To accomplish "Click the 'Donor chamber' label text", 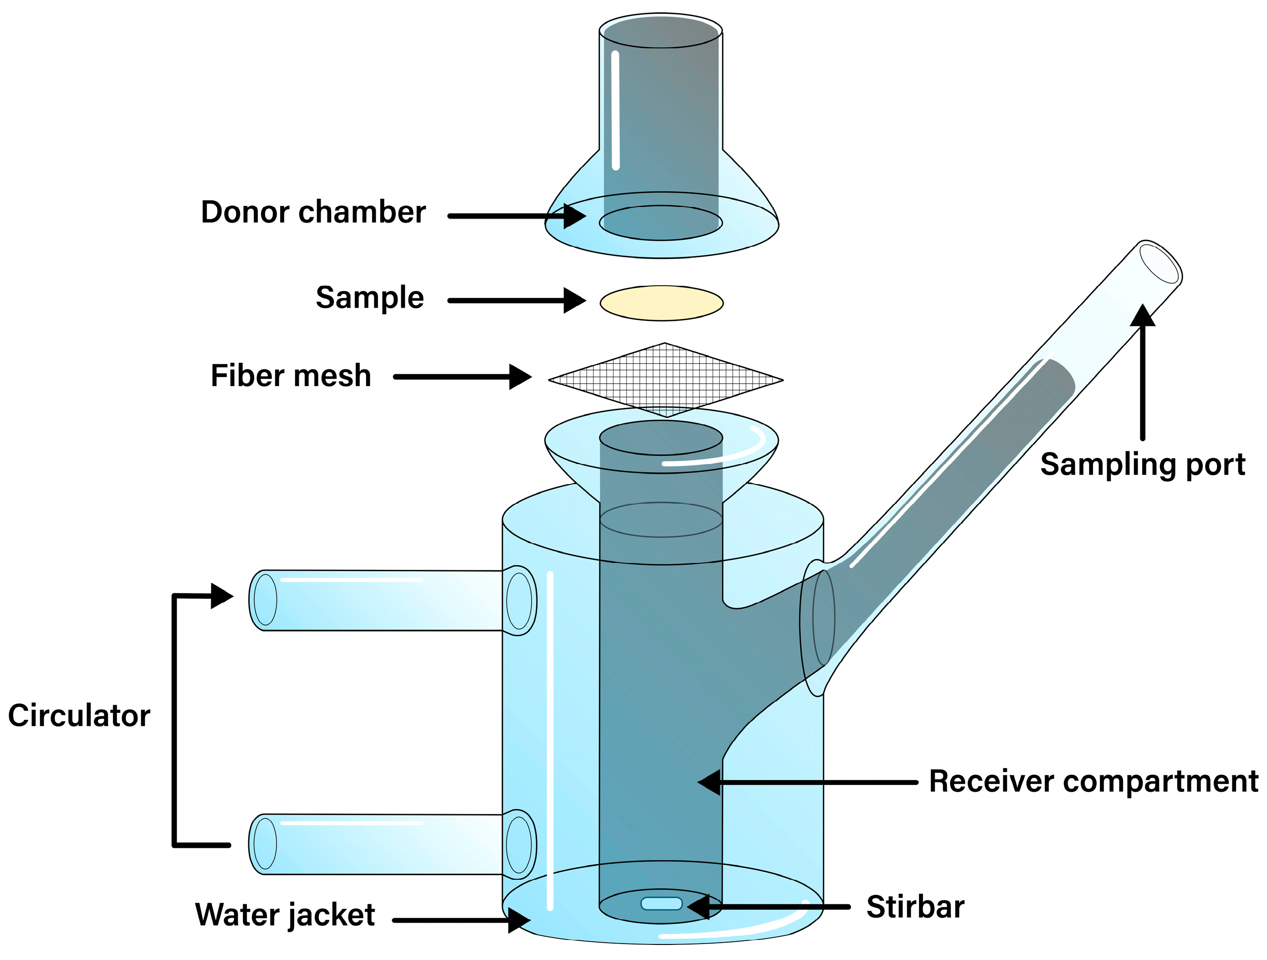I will click(313, 212).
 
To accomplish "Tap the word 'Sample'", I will click(369, 298).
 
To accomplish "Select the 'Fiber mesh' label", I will click(291, 376).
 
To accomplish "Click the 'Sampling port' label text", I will click(1143, 464).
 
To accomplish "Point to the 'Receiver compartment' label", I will click(1093, 781).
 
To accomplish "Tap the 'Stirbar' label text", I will click(915, 907).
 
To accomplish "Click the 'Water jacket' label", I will click(285, 915).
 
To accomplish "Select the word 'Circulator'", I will click(79, 716).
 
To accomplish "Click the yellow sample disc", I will click(662, 303).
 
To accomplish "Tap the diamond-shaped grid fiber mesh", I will click(665, 379).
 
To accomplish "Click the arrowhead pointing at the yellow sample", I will click(574, 300).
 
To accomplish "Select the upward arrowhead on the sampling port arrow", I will click(1142, 316).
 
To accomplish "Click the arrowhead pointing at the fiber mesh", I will click(520, 377).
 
